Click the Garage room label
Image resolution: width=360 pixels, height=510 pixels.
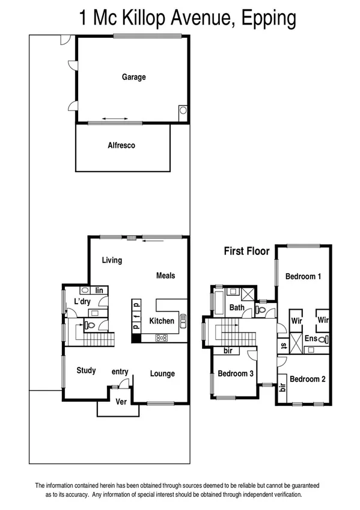tap(133, 77)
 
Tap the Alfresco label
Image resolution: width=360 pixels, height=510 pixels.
tap(121, 146)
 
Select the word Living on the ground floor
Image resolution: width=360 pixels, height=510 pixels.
tap(112, 260)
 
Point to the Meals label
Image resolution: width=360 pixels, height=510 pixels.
tap(165, 275)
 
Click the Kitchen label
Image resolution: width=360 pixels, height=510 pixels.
tap(162, 321)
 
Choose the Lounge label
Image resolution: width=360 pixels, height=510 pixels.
tap(162, 373)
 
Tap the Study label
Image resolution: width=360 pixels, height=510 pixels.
tap(86, 370)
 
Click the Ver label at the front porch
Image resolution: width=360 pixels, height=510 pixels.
tap(121, 402)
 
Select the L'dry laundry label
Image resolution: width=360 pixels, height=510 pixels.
tap(82, 301)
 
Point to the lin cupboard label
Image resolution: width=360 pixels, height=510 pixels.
tap(100, 290)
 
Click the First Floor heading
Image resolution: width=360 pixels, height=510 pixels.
tap(246, 251)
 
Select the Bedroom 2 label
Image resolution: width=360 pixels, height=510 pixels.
tap(308, 379)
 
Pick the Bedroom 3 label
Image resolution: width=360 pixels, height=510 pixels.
tap(236, 373)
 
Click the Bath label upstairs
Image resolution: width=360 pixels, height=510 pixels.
tap(237, 308)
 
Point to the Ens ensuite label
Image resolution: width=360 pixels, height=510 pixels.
tap(310, 339)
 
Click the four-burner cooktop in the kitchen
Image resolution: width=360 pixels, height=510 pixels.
tap(162, 338)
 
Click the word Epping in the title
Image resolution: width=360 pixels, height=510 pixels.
tap(268, 17)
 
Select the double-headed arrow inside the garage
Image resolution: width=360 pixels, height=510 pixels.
tap(115, 118)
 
